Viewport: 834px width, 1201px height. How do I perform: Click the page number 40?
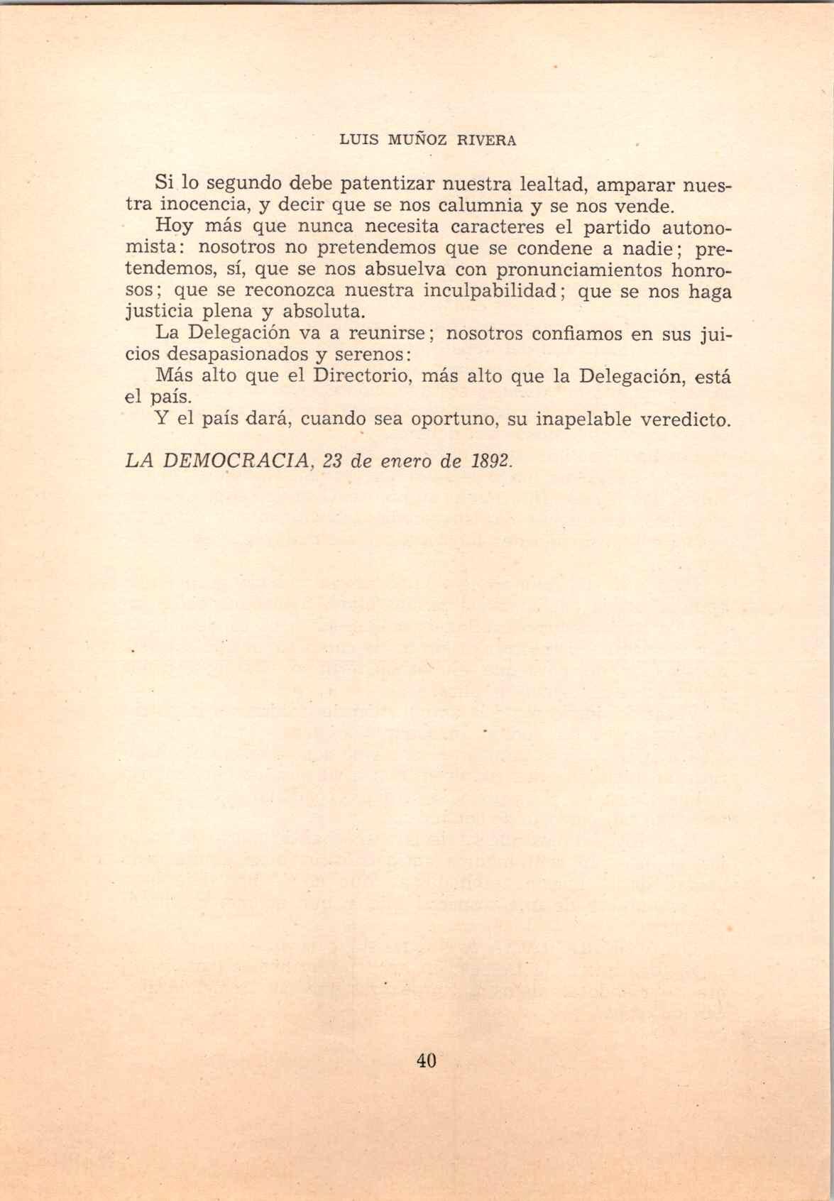[426, 1060]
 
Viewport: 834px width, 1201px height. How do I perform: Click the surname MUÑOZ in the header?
[417, 140]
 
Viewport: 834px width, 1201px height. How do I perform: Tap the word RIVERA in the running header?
[486, 140]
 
